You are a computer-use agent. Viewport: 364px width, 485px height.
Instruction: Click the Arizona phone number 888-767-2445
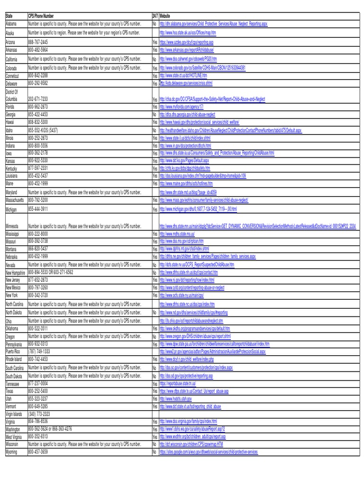pos(38,42)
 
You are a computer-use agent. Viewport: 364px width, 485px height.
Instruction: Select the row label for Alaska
pos(11,33)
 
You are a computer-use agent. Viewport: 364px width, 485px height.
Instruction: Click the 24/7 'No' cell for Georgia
pos(155,114)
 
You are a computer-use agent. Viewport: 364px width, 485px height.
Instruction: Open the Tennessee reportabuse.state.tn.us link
pos(181,383)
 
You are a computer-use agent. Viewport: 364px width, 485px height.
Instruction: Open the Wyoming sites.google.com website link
pos(209,452)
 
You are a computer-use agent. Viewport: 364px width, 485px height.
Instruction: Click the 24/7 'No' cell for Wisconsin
pos(155,444)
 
